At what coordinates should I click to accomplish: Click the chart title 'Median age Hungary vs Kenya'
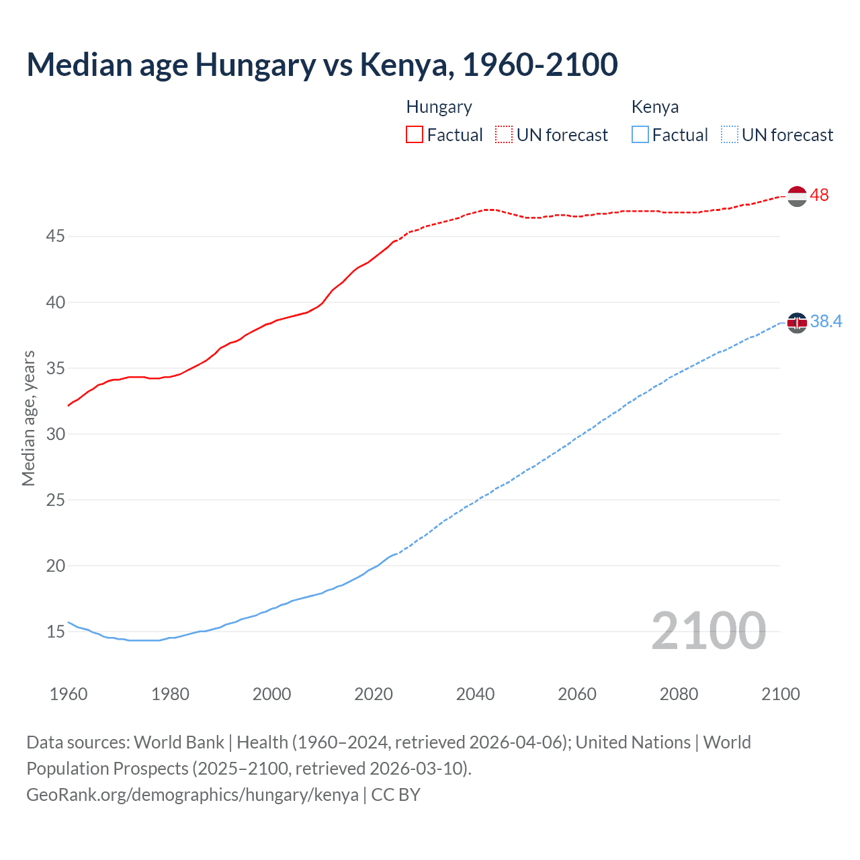[x=322, y=64]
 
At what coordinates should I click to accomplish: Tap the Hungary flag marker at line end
[x=796, y=196]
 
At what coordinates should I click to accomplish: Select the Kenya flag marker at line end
[x=796, y=322]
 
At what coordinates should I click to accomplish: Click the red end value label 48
[x=819, y=196]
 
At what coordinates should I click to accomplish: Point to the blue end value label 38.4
[x=826, y=322]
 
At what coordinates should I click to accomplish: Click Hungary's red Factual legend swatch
[x=415, y=134]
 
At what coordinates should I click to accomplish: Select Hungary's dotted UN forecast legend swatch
[x=504, y=134]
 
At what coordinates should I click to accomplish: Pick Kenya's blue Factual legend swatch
[x=640, y=134]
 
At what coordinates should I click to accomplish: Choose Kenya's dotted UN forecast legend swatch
[x=729, y=134]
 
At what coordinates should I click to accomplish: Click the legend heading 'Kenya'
[x=654, y=107]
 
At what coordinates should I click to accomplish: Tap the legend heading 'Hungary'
[x=439, y=107]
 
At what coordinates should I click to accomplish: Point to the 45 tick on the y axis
[x=56, y=236]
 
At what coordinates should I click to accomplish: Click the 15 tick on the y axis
[x=56, y=632]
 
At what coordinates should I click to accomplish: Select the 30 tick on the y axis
[x=56, y=434]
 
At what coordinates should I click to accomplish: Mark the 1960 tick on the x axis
[x=69, y=694]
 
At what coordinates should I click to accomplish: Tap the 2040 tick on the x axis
[x=475, y=694]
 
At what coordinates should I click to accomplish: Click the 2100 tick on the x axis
[x=780, y=694]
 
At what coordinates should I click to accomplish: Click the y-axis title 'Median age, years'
[x=28, y=418]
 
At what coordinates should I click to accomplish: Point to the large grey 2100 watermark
[x=708, y=630]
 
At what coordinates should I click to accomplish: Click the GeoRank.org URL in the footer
[x=192, y=795]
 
